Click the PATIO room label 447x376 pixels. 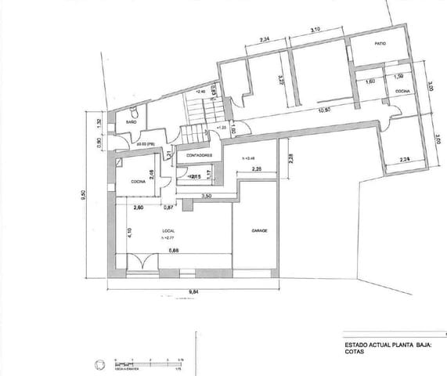(380, 44)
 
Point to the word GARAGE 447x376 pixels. (260, 231)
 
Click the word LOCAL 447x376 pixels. (168, 230)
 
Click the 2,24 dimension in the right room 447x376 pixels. (404, 160)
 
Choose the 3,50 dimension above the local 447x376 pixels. (207, 195)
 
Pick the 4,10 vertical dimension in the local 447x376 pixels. (129, 232)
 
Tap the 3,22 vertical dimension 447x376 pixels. (279, 78)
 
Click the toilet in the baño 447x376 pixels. (135, 110)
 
